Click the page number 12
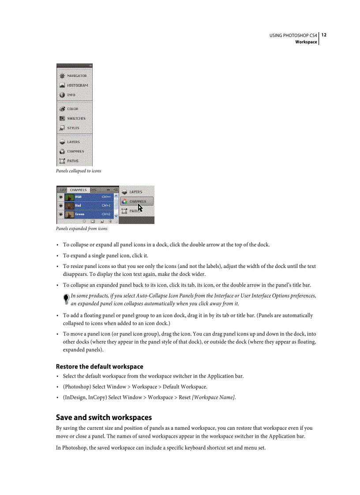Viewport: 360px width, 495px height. point(324,35)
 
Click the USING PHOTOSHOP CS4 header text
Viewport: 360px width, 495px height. point(293,35)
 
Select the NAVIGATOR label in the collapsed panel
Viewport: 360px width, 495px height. point(77,76)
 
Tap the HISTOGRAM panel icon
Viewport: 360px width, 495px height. point(62,86)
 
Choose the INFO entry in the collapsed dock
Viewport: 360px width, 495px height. point(71,95)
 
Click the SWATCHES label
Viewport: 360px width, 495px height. point(76,119)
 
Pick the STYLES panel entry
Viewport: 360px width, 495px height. point(73,128)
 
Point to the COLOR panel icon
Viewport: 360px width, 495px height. point(62,109)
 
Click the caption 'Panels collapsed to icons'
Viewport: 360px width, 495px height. point(78,171)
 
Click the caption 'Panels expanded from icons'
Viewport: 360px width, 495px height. point(81,229)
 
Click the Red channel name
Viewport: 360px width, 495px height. point(78,205)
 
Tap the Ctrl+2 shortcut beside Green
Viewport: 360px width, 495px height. point(106,214)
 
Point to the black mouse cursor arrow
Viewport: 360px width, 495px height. point(140,208)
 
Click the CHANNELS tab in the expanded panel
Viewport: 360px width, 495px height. point(78,190)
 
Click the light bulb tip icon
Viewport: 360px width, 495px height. point(66,299)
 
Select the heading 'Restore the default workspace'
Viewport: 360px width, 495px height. point(99,367)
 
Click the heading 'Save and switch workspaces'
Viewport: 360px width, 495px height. point(104,417)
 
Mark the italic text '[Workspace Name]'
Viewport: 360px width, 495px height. point(214,398)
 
